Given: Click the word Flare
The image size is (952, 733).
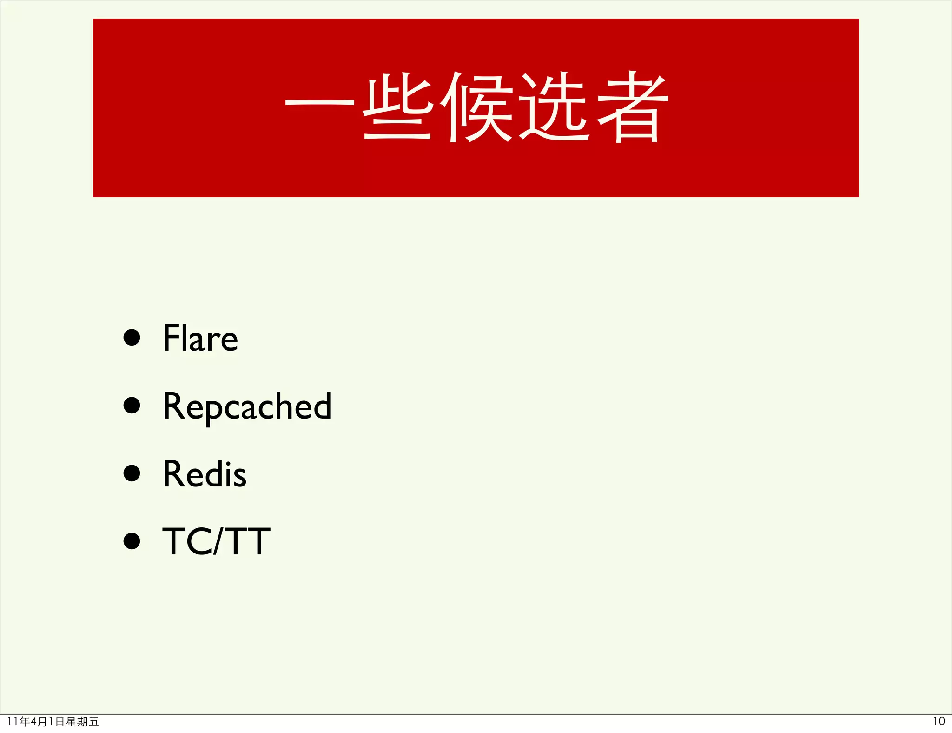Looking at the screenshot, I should pos(200,338).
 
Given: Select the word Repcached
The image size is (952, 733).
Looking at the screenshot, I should pos(247,406).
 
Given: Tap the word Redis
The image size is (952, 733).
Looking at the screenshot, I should pos(205,474).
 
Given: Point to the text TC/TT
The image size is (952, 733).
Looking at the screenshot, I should pos(216,541).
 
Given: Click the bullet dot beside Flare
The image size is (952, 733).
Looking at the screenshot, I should pos(132,338).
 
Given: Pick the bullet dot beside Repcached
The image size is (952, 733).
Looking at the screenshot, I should pos(132,405).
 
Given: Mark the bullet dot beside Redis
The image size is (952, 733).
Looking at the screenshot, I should pos(132,473).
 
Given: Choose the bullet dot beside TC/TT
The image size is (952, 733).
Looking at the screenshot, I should pos(132,541).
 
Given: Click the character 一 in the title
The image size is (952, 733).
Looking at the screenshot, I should pos(319,103).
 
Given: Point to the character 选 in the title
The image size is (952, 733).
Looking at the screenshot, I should pos(554,107).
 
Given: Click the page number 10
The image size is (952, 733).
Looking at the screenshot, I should pos(939,721).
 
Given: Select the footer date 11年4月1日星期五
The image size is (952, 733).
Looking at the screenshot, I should pos(53,722).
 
